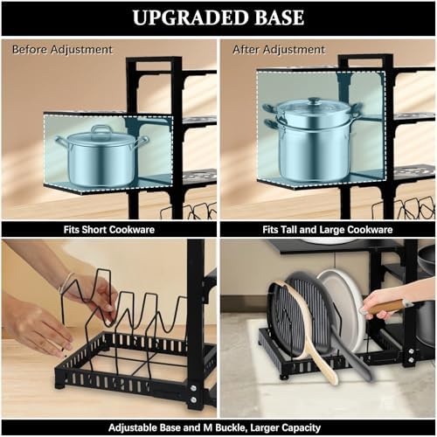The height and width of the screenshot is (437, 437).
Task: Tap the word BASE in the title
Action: coord(280,17)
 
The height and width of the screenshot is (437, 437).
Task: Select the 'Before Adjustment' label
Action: coord(62,50)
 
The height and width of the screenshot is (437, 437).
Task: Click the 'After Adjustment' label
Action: coord(279,50)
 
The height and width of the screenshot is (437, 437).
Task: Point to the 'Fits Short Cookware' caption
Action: coord(109,230)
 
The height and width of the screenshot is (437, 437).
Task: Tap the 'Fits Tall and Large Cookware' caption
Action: coord(328,230)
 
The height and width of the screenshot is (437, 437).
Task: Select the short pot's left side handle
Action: coord(62,142)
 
